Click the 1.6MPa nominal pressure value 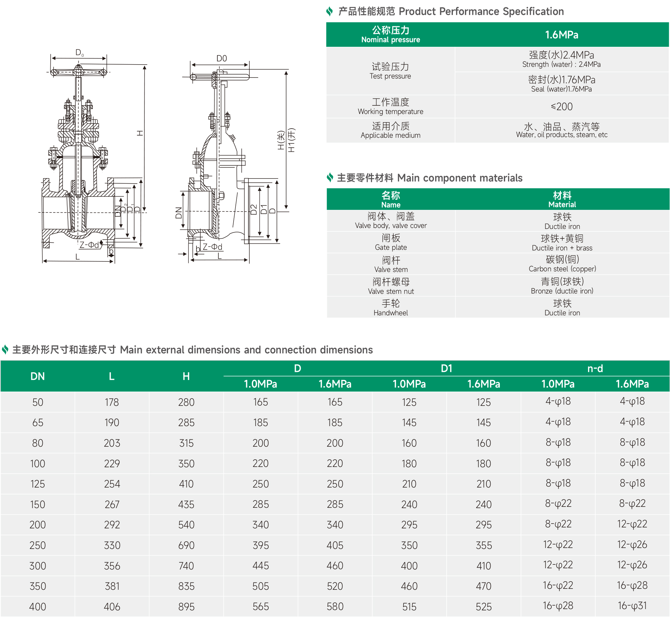pyautogui.click(x=561, y=35)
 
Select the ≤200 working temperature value pyautogui.click(x=561, y=106)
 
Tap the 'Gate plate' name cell pyautogui.click(x=391, y=242)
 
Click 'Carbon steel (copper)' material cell pyautogui.click(x=562, y=264)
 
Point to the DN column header pyautogui.click(x=37, y=376)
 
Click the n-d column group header pyautogui.click(x=595, y=368)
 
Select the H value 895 pyautogui.click(x=186, y=607)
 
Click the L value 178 pyautogui.click(x=112, y=402)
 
